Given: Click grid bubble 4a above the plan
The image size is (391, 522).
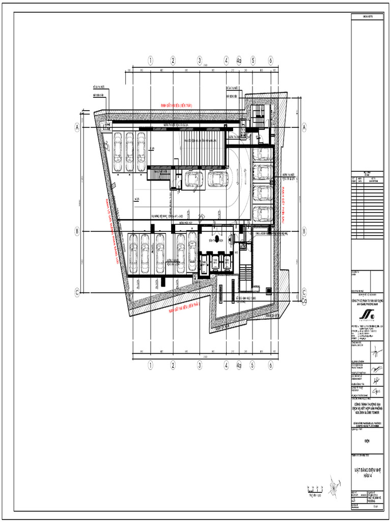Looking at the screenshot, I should [x=238, y=60].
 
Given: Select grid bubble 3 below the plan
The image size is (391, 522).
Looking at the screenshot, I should [x=200, y=365].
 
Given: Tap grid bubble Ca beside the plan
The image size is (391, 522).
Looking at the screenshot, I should [x=304, y=301].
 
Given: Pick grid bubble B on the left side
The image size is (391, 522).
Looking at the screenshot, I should [x=77, y=231].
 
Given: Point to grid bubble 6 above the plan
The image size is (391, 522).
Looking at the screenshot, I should [x=270, y=60].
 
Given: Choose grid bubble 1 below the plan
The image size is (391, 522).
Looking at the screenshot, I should [x=151, y=365].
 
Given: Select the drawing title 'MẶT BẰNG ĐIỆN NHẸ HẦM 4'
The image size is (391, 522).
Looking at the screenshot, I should [x=370, y=472].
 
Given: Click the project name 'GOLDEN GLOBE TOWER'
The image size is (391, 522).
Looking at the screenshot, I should [x=370, y=409].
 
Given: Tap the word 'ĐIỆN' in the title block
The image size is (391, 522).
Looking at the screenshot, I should [x=370, y=436].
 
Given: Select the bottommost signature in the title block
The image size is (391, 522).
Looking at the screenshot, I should [x=376, y=391].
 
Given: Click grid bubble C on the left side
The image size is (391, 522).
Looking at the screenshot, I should [x=77, y=292].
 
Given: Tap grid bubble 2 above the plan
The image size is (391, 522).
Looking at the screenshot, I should [x=173, y=60].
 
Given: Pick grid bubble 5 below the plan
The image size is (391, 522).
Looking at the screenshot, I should [x=252, y=365].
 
